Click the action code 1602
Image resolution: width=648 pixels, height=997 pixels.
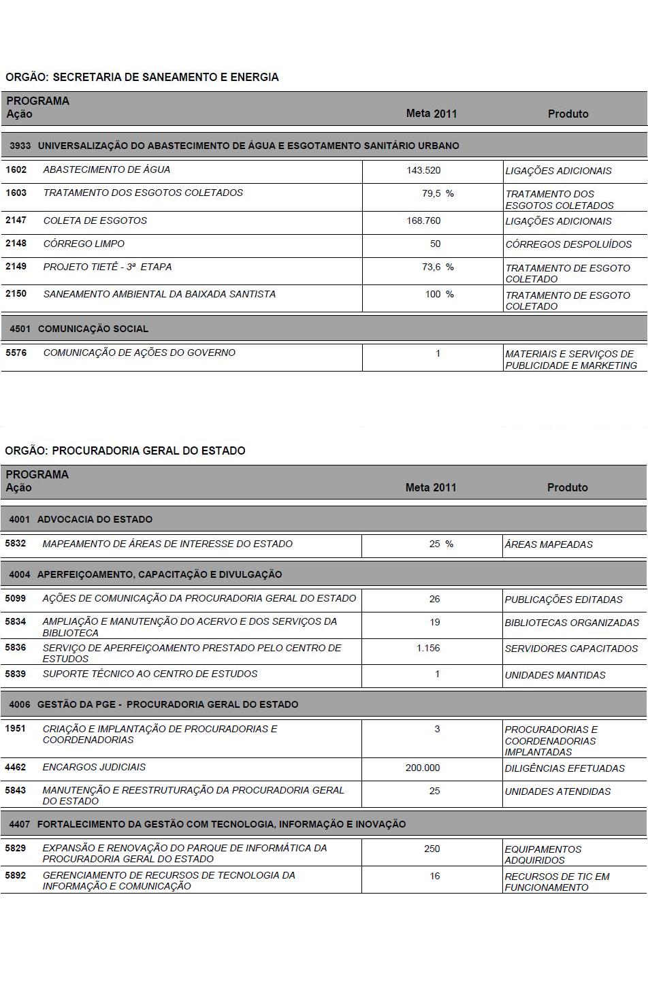[x=16, y=169]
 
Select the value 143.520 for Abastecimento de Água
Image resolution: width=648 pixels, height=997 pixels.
[x=423, y=170]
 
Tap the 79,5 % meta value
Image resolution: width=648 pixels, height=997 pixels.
[x=437, y=193]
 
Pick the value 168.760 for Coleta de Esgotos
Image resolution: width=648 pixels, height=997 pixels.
[x=423, y=220]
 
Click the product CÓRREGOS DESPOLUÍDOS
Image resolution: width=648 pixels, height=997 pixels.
[x=568, y=244]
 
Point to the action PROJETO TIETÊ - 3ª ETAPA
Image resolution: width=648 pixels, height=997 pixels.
[x=108, y=267]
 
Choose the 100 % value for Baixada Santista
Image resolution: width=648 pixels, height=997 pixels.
[x=439, y=294]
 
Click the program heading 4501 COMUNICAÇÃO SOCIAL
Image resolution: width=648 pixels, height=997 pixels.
[x=79, y=329]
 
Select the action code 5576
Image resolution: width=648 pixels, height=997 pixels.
[x=16, y=353]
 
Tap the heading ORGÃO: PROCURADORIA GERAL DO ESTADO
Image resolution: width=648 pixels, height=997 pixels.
[x=125, y=451]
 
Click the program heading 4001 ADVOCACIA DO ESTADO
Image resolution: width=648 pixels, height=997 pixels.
[x=80, y=519]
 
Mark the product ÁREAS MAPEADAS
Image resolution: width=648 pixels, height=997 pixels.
[x=549, y=544]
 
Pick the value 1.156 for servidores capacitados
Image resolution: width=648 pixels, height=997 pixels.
[x=428, y=648]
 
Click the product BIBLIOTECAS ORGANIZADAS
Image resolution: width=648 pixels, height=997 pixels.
[x=572, y=623]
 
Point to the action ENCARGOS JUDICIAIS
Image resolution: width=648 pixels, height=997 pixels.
[x=94, y=767]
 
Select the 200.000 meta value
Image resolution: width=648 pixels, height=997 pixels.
[x=423, y=768]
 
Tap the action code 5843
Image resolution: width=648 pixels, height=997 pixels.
[x=15, y=789]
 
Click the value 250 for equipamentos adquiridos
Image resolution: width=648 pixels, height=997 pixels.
[x=432, y=849]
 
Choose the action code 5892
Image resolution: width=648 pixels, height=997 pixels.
[x=15, y=875]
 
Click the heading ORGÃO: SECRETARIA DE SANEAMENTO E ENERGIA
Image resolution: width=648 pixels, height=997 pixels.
[x=142, y=77]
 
